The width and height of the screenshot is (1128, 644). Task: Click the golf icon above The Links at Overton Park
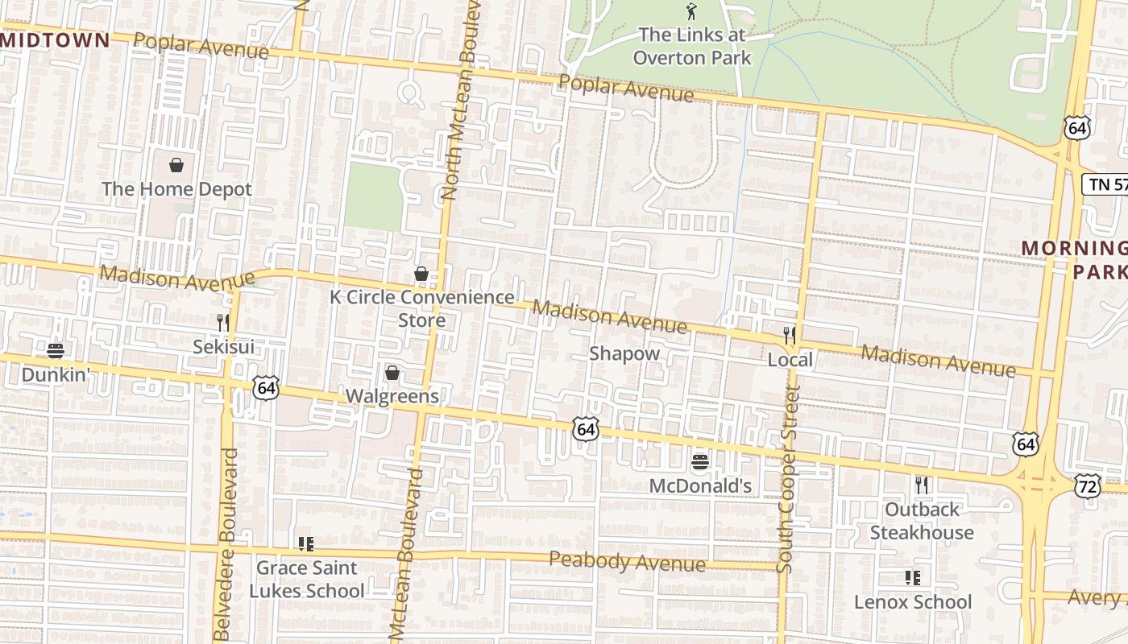[x=690, y=11]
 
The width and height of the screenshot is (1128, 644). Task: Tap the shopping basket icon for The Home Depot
[x=176, y=165]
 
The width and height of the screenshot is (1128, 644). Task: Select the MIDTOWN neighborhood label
[x=55, y=40]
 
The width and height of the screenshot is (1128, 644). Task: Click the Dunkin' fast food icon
[x=55, y=350]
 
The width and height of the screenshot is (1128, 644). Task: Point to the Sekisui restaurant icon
[x=223, y=323]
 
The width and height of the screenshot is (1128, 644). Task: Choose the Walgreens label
[x=392, y=396]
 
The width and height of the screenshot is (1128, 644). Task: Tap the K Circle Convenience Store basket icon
[x=421, y=274]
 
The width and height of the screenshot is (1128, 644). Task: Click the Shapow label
[x=624, y=353]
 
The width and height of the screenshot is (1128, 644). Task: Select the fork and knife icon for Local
[x=790, y=335]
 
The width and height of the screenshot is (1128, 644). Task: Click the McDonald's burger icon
[x=700, y=461]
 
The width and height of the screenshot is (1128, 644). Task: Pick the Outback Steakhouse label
[x=922, y=521]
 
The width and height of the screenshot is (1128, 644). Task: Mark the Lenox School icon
[x=913, y=577]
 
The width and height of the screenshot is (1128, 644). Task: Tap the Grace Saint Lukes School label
[x=306, y=579]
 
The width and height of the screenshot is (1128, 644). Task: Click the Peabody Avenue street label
[x=627, y=561]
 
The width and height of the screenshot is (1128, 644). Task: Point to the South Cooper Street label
[x=787, y=479]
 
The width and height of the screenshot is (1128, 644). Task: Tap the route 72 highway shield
[x=1087, y=485]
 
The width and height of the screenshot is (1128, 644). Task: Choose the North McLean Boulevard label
[x=461, y=101]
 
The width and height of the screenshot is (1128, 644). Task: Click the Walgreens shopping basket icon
[x=392, y=372]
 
